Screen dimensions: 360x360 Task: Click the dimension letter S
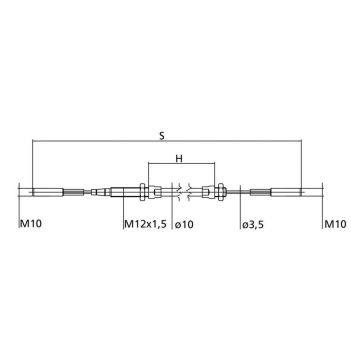(x=162, y=136)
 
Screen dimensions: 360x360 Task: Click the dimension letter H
(x=179, y=158)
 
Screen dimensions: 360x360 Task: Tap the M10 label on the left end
(x=31, y=224)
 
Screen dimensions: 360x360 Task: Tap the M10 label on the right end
(x=336, y=224)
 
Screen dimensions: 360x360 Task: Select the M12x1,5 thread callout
(x=145, y=224)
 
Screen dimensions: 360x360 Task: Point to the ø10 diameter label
(x=184, y=224)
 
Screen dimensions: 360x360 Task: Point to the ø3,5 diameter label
(x=253, y=224)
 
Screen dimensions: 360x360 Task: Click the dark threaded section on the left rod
(x=73, y=192)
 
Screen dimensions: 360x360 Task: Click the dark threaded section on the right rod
(x=261, y=192)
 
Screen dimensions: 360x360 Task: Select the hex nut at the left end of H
(x=143, y=192)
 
